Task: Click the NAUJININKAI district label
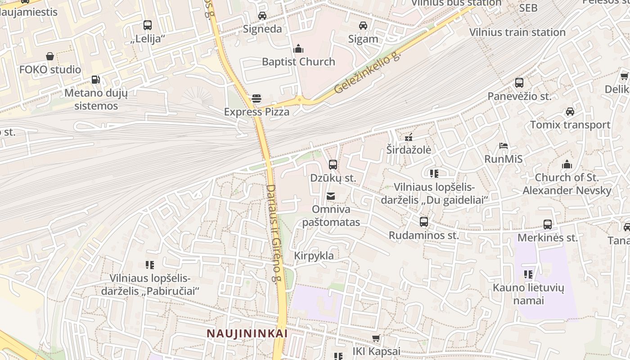247,333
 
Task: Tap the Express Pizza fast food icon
256,98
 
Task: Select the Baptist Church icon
298,49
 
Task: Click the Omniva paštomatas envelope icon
331,196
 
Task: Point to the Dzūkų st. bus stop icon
333,165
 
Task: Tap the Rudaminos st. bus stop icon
424,222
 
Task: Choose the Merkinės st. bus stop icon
548,225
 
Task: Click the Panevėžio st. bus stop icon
519,83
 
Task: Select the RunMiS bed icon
504,146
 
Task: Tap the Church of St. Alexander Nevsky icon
567,164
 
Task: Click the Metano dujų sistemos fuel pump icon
95,80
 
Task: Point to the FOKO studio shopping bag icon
50,56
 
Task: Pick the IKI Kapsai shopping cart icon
376,338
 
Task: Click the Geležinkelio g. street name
367,73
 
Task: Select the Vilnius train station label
517,32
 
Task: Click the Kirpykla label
314,256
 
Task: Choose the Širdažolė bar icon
409,137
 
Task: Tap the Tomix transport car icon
570,112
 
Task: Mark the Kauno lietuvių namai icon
528,274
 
